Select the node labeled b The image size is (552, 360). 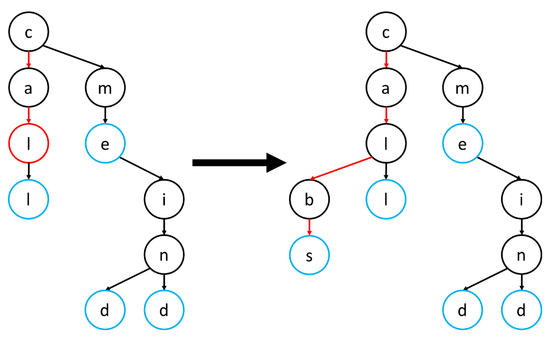[x=309, y=199]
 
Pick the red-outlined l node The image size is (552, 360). [x=28, y=143]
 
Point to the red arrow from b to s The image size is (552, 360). [x=309, y=227]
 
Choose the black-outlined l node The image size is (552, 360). [x=386, y=143]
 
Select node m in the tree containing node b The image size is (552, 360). [x=463, y=88]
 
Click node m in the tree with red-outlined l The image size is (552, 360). [x=105, y=88]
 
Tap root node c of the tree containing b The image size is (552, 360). [x=386, y=32]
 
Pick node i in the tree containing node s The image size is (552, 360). [x=522, y=199]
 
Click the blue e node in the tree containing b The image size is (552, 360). [x=463, y=143]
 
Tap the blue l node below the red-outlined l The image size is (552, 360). [x=28, y=199]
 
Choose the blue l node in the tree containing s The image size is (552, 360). [x=386, y=199]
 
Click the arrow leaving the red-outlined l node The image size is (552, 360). [x=28, y=171]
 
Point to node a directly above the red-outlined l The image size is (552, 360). [x=28, y=88]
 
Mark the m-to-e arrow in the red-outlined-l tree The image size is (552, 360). [x=105, y=116]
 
